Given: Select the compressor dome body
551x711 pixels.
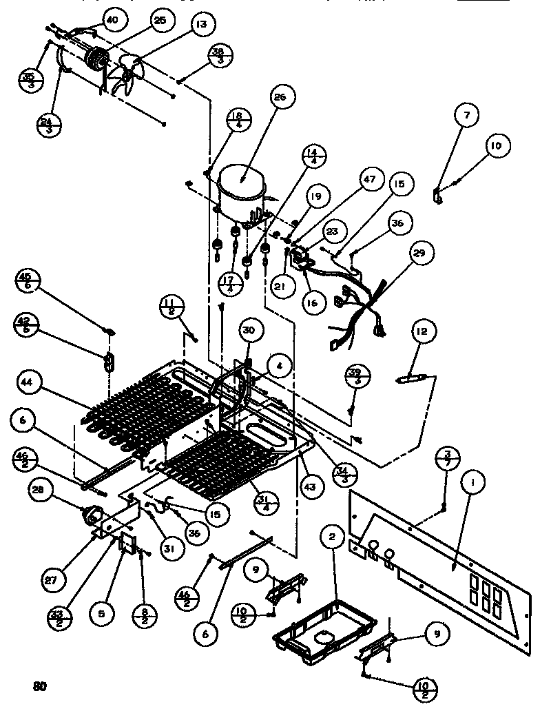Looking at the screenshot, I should (240, 183).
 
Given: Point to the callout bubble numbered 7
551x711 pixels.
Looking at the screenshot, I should (466, 116).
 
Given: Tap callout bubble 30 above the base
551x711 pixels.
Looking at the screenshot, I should (247, 330).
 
